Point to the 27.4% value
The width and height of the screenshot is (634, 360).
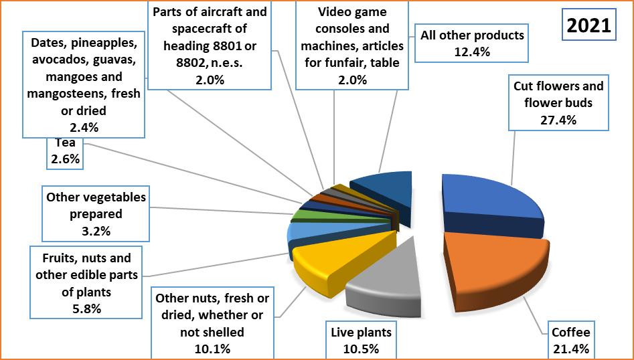point(558,120)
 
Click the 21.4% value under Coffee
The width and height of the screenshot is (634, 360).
point(570,349)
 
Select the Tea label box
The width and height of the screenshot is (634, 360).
point(65,151)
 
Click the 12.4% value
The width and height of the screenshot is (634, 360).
point(472,50)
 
